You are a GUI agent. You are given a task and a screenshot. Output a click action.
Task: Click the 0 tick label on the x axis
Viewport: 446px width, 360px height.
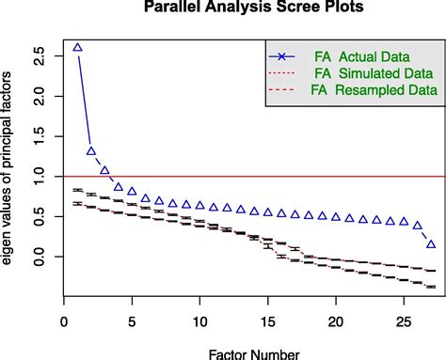[x=63, y=322]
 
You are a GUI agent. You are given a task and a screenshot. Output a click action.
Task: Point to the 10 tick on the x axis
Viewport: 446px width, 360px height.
[x=199, y=322]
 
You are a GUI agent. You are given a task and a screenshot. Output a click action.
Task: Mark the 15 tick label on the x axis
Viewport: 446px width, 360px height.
[x=267, y=322]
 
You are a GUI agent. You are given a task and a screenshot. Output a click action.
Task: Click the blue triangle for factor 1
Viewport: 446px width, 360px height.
[x=77, y=47]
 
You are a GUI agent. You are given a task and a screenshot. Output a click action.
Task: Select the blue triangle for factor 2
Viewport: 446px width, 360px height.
[x=91, y=150]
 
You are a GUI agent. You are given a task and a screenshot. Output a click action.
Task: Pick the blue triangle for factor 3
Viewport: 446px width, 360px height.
[x=104, y=170]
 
